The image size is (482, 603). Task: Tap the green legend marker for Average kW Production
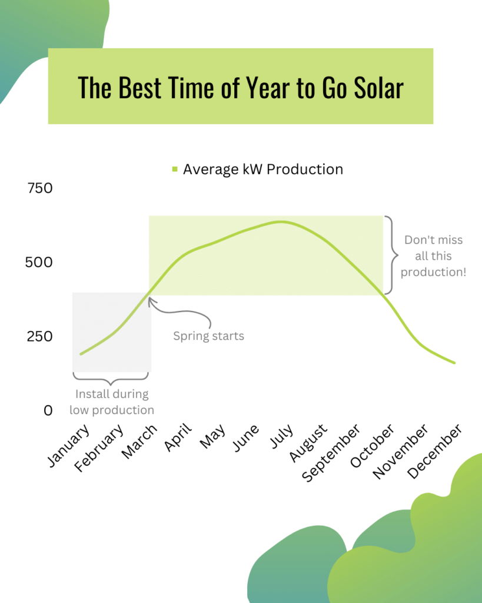pos(174,170)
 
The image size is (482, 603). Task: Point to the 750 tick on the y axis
pos(40,188)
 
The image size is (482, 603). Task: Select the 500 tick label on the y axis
pos(39,262)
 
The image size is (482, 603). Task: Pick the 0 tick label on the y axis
pos(48,410)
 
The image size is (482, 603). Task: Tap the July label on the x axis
pos(282,436)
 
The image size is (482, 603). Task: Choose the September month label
pos(331,452)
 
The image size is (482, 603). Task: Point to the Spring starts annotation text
pos(208,336)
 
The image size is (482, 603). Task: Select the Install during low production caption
pos(111,402)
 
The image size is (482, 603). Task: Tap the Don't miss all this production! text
pos(434,256)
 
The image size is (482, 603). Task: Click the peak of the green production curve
pos(281,222)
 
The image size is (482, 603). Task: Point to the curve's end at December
pos(454,363)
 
